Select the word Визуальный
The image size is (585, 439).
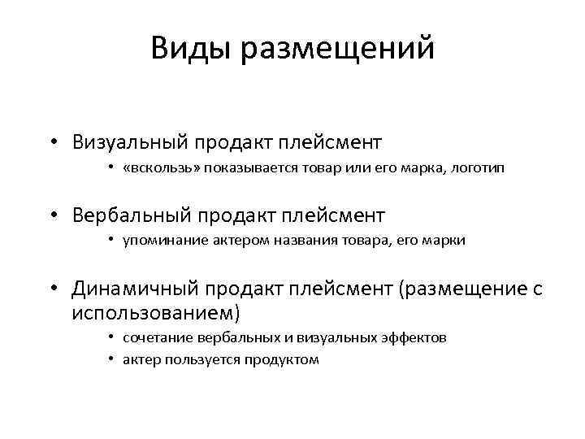point(130,143)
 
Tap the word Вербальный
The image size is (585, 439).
point(132,216)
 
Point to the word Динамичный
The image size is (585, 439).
point(134,289)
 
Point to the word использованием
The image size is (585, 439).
point(156,312)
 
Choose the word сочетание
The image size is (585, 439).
point(156,337)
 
